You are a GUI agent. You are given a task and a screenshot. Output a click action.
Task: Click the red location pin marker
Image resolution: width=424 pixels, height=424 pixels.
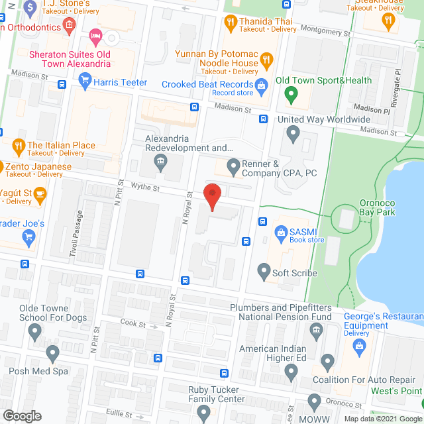pos(211,197)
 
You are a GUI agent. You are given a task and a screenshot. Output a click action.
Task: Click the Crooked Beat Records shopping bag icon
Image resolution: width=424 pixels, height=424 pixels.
pos(262,85)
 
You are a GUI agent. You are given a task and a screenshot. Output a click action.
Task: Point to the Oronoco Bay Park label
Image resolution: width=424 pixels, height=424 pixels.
pos(377,207)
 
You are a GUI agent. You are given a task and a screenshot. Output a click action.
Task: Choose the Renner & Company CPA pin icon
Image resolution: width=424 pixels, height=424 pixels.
pos(233,165)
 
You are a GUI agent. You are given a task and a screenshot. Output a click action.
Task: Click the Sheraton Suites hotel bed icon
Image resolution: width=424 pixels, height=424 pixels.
pos(95,34)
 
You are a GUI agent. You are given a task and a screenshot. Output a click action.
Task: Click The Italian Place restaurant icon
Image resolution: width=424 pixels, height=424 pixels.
pos(19,144)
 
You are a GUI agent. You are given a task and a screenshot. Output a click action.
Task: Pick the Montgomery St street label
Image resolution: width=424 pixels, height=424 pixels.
pos(325,30)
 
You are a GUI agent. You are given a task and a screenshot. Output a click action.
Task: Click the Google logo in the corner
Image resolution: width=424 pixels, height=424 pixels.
pos(21,415)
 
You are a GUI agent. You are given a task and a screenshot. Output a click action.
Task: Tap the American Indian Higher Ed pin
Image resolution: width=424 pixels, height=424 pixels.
pos(291,370)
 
